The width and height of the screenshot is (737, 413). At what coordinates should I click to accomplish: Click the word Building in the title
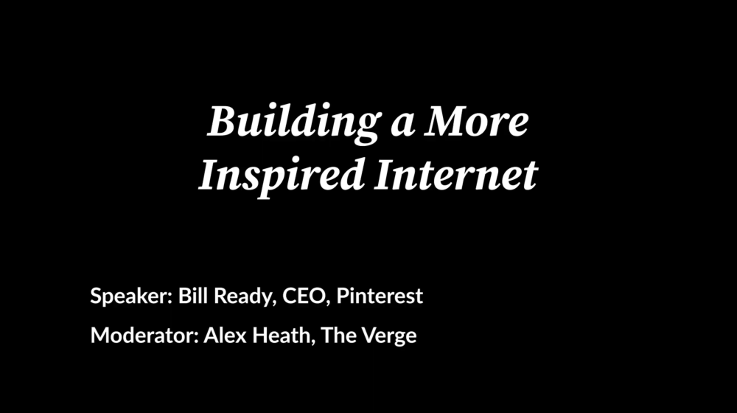pyautogui.click(x=294, y=122)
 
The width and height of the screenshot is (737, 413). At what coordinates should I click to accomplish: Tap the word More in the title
pyautogui.click(x=477, y=122)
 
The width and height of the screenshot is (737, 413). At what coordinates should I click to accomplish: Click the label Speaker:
pyautogui.click(x=132, y=296)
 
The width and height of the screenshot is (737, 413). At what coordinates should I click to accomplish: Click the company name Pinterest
pyautogui.click(x=380, y=296)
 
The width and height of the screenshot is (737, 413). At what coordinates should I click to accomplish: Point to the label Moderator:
pyautogui.click(x=144, y=336)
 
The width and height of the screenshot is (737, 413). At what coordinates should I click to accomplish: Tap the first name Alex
pyautogui.click(x=225, y=336)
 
